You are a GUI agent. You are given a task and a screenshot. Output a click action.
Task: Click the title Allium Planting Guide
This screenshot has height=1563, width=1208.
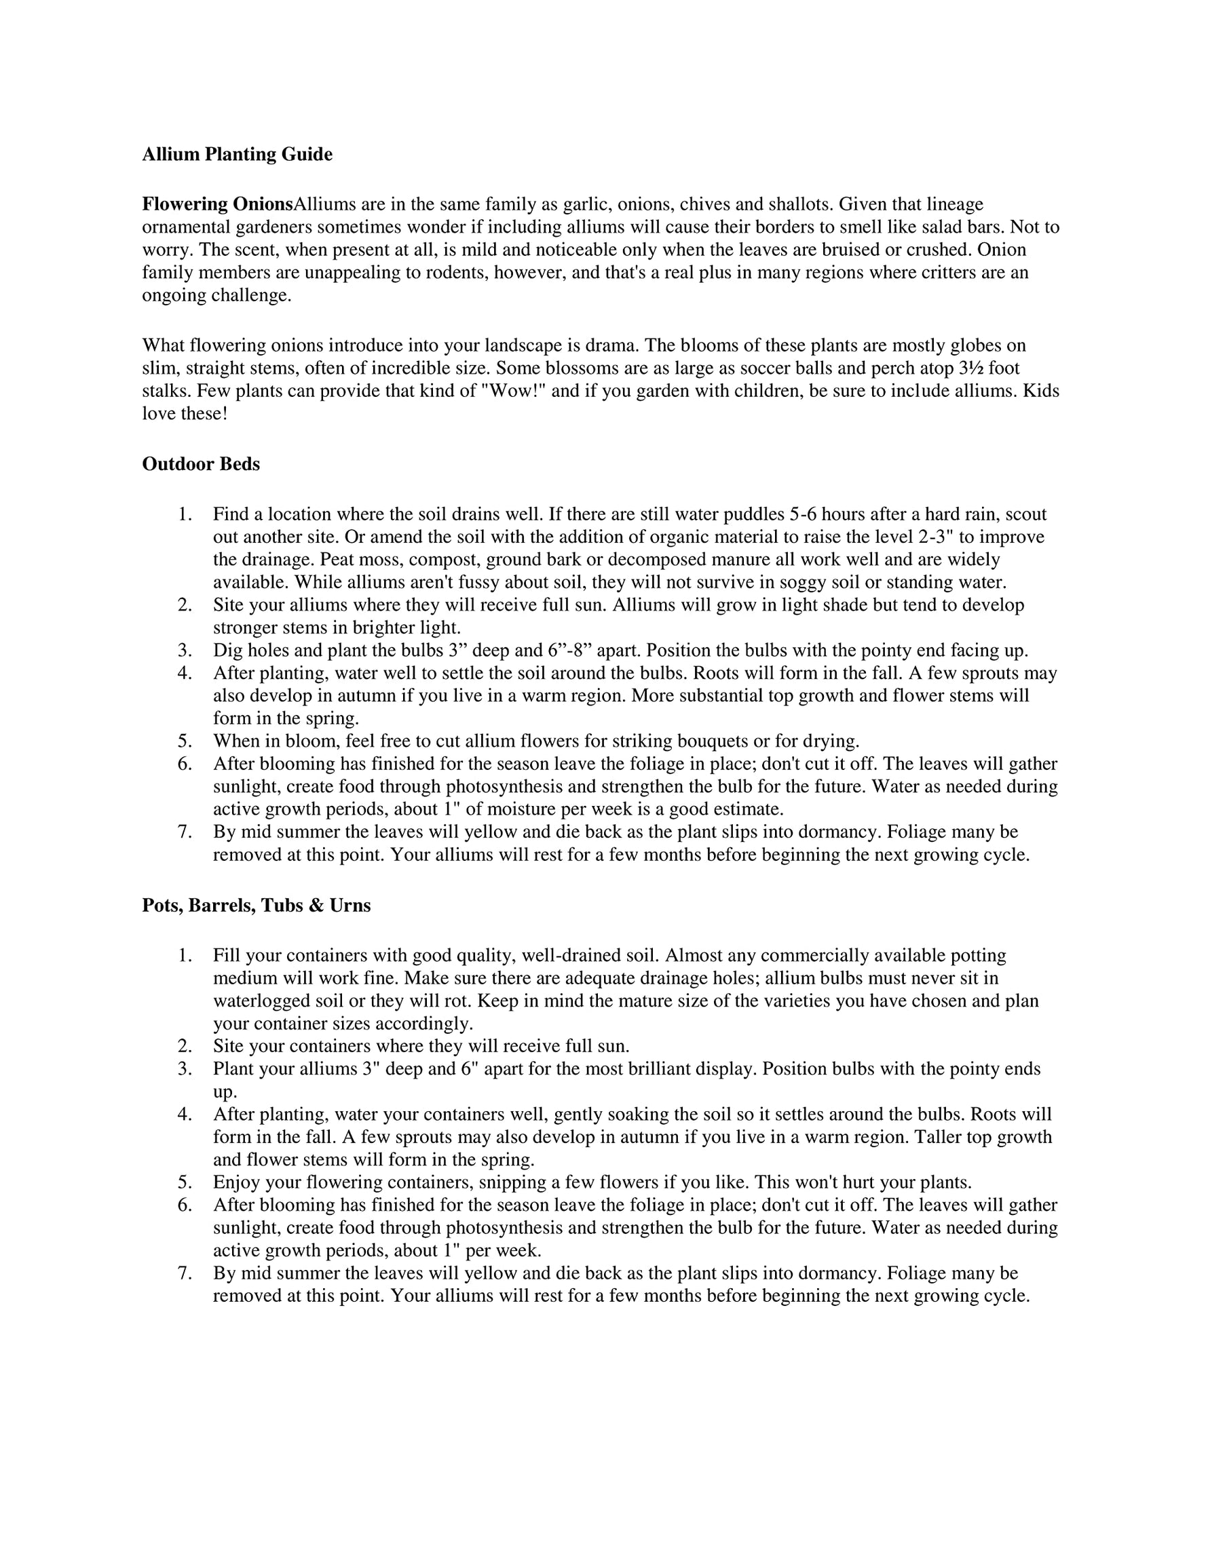coord(237,155)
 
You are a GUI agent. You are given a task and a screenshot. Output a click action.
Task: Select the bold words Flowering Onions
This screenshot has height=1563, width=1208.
coord(218,205)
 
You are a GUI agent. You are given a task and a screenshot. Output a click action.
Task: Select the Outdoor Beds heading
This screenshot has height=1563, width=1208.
coord(201,465)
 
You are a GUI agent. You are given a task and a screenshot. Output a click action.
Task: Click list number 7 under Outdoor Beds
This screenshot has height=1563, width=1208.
coord(185,832)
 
